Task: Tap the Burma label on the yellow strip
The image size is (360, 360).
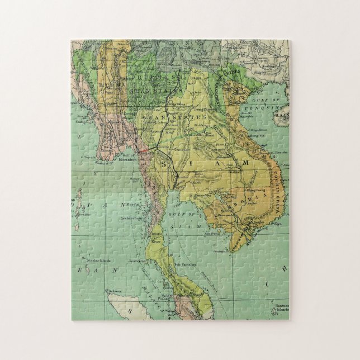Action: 106,84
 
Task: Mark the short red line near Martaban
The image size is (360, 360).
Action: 144,150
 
